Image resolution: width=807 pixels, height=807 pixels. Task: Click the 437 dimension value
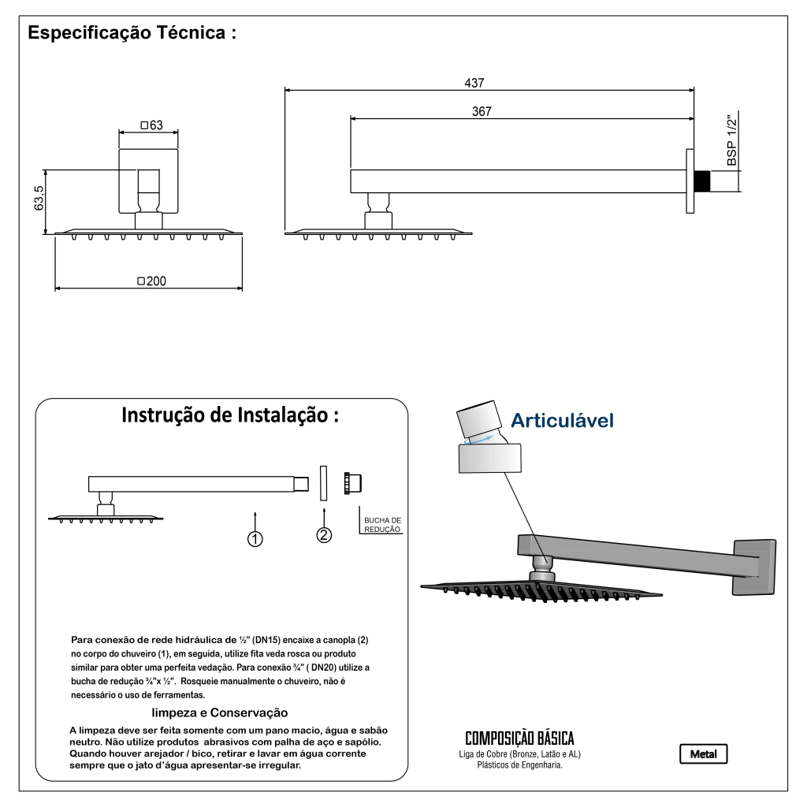click(474, 83)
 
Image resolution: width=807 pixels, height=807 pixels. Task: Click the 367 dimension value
click(482, 111)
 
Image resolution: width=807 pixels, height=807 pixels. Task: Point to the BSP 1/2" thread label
click(732, 140)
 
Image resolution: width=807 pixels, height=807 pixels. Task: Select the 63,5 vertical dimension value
click(39, 198)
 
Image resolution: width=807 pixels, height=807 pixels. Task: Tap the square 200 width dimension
click(152, 281)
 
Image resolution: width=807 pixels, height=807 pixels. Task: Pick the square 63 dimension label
click(152, 125)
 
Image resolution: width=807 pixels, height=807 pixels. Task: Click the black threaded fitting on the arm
click(701, 180)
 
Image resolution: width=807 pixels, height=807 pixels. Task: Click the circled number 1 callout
click(255, 539)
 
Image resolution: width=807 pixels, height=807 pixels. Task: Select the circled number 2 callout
click(324, 535)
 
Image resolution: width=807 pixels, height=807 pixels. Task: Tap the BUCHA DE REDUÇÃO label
click(382, 525)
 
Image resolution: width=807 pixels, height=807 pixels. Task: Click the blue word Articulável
click(562, 421)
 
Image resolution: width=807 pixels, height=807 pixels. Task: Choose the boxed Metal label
click(703, 754)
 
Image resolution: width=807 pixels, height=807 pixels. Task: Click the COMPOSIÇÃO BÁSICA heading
click(519, 738)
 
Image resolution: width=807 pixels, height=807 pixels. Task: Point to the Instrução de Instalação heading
click(230, 415)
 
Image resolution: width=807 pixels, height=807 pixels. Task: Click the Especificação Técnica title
click(132, 32)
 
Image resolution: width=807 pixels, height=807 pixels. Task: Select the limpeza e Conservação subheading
click(220, 712)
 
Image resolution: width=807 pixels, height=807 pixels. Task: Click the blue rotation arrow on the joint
click(480, 439)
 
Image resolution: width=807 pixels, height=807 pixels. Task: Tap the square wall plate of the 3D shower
click(754, 567)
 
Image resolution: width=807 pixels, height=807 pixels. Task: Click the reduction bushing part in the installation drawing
click(352, 483)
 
